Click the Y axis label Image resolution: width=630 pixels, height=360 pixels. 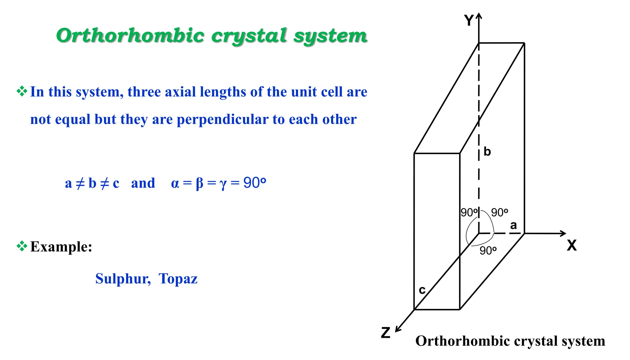[469, 21]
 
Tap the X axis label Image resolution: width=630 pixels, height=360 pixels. [572, 246]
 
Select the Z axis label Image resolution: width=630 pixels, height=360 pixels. [386, 333]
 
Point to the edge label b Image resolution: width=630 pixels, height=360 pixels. [487, 152]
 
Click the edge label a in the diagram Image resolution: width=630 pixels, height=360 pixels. [513, 226]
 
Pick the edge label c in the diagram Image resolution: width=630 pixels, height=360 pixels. [422, 290]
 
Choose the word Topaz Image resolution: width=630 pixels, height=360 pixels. [178, 279]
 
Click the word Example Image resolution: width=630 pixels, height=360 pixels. [61, 247]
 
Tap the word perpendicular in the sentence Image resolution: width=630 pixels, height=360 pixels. [223, 119]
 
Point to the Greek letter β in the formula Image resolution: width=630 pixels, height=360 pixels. [200, 183]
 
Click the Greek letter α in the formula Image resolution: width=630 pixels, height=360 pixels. [175, 184]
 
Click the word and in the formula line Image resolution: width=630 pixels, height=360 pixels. [143, 183]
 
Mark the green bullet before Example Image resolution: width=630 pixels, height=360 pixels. [22, 246]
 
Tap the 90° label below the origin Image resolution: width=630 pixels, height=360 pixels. [488, 251]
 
